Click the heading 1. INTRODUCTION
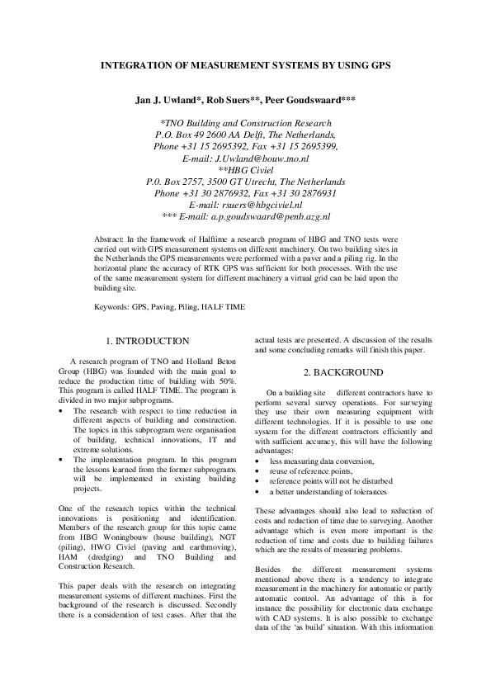[149, 341]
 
